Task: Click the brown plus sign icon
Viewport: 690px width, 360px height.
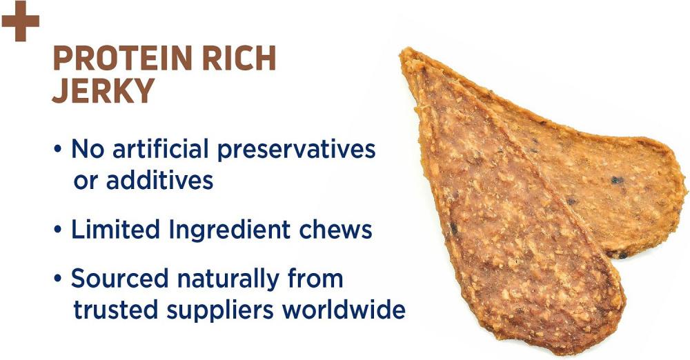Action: click(x=20, y=21)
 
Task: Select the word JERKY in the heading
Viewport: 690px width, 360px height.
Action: click(x=103, y=90)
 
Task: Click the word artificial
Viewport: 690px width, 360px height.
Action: click(x=160, y=148)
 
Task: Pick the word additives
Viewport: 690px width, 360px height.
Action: click(x=159, y=179)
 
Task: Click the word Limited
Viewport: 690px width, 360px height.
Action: click(x=116, y=229)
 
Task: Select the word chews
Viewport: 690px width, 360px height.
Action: click(x=335, y=229)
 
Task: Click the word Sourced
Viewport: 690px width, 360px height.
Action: click(x=119, y=279)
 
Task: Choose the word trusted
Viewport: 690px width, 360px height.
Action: click(x=116, y=310)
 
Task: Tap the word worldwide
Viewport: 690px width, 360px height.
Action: click(x=344, y=310)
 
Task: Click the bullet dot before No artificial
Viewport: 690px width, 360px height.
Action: click(x=58, y=149)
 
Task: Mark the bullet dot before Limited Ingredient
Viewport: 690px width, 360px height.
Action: click(x=58, y=230)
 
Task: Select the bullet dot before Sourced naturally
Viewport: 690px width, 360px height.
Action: click(x=58, y=279)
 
